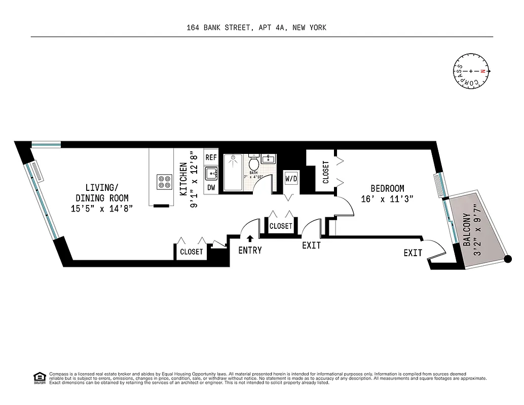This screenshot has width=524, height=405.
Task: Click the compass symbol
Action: (471, 71)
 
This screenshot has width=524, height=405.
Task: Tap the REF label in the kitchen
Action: (211, 157)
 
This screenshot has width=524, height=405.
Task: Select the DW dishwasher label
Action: (211, 187)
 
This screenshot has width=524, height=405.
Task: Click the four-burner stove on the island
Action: (164, 181)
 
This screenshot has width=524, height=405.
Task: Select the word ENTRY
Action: (250, 250)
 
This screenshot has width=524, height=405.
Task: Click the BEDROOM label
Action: (387, 188)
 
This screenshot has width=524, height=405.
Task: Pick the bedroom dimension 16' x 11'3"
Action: (388, 199)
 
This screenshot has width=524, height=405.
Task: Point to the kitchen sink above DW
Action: (211, 173)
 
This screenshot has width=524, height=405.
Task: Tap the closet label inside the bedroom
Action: (325, 172)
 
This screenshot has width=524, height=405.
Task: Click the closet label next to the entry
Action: (281, 226)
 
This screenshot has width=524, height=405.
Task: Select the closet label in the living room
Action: (192, 252)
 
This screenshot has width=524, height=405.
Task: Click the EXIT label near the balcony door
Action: (413, 253)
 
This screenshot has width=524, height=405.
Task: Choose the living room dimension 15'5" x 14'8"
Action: (102, 209)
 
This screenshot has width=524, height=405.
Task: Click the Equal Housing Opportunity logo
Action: (39, 377)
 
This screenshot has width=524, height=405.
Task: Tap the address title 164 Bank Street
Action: (256, 28)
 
